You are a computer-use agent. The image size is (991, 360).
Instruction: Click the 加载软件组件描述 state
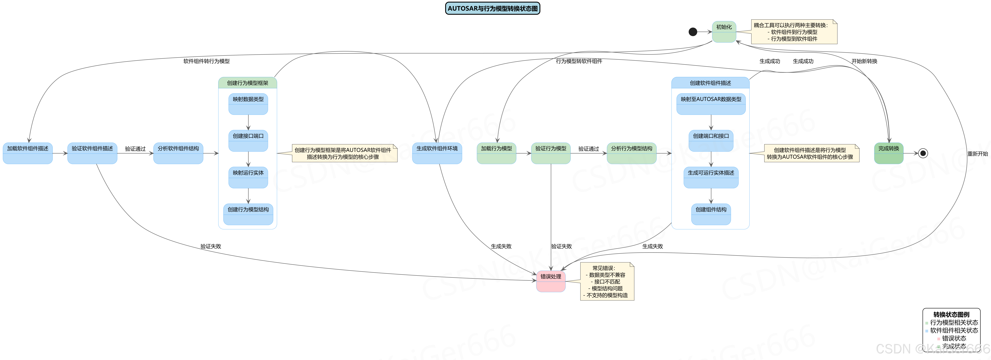28,153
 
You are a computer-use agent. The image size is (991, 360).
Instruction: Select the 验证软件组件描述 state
92,153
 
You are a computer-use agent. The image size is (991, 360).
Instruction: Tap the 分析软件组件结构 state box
178,153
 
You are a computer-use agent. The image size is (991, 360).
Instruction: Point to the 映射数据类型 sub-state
248,104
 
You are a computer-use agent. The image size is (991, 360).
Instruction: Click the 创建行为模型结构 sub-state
248,214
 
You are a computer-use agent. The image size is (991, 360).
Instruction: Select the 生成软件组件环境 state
437,153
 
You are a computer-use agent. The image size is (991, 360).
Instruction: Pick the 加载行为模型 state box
496,153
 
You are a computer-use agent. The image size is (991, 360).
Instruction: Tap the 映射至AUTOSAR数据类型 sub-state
711,104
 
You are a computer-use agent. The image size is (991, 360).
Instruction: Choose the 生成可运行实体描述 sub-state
711,177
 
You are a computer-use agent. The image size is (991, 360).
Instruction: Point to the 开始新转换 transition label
864,61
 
